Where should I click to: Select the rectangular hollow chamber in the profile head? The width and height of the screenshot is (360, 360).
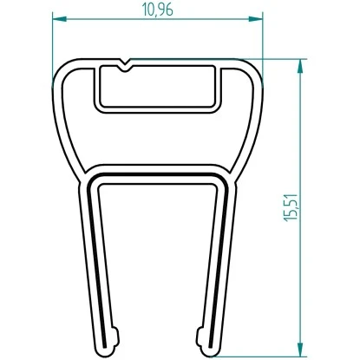click(157, 88)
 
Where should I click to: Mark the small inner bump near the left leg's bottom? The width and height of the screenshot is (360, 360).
click(115, 334)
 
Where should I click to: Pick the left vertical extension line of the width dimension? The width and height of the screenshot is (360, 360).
click(54, 43)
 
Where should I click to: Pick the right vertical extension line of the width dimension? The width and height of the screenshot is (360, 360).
click(263, 43)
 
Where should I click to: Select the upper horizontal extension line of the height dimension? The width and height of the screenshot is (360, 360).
click(282, 58)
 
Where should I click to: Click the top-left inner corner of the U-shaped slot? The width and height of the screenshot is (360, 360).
click(96, 178)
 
